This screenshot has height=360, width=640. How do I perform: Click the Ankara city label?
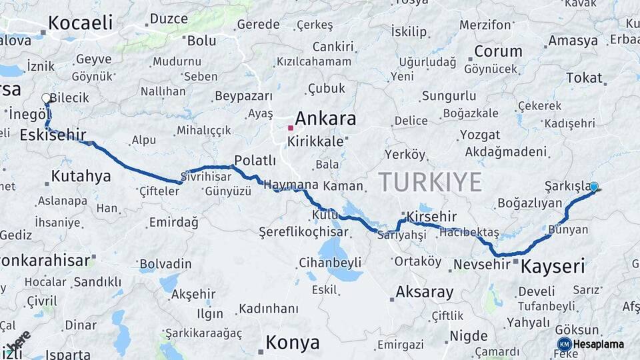click(x=325, y=119)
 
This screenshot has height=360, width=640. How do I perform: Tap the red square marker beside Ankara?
click(x=291, y=127)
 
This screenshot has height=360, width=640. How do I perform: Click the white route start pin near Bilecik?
click(x=46, y=99)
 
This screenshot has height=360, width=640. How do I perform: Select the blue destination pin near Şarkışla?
click(x=593, y=187)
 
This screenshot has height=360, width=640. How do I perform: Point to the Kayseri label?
click(x=552, y=267)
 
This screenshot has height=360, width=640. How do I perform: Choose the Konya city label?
click(x=292, y=343)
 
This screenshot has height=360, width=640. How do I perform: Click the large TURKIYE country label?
click(x=430, y=181)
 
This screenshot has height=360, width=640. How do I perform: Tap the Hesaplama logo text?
click(x=600, y=344)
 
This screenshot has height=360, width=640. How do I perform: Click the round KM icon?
click(x=564, y=344)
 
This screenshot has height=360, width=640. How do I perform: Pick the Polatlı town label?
click(x=255, y=160)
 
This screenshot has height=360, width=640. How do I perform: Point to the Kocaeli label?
click(x=81, y=23)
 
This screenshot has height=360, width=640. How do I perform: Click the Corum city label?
click(x=498, y=51)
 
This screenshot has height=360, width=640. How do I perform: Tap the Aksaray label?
click(x=424, y=292)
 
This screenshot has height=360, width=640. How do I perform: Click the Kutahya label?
click(x=81, y=177)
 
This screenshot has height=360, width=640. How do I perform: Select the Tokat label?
click(x=584, y=78)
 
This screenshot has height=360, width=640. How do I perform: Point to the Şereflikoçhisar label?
click(x=303, y=232)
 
